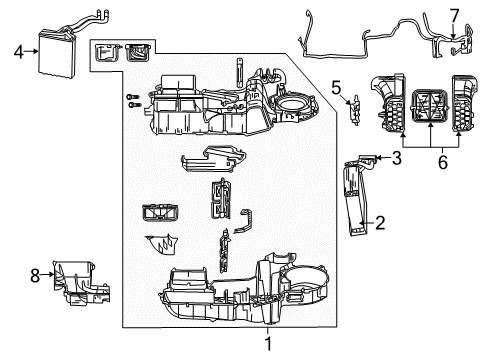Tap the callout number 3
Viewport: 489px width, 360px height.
point(396,158)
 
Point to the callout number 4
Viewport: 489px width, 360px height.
point(17,48)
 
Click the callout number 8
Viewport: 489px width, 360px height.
point(36,274)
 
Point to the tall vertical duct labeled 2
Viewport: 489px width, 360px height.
point(356,200)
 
